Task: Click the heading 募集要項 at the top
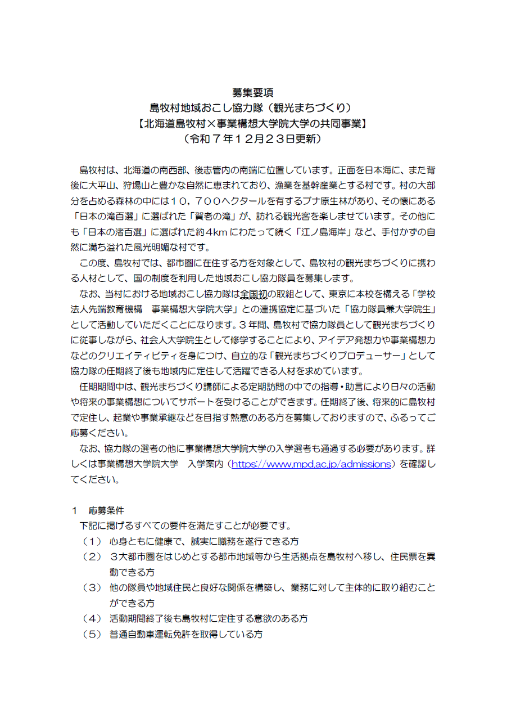point(253,92)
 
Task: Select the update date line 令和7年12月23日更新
point(253,138)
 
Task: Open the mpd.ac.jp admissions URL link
point(311,464)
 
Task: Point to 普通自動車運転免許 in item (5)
point(151,634)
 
